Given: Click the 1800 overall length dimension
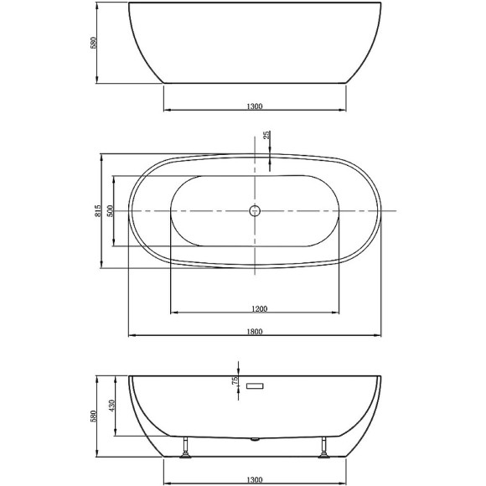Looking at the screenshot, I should tap(256, 331).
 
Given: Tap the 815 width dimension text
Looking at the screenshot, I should tap(97, 211).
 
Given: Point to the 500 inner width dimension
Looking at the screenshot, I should tap(110, 211).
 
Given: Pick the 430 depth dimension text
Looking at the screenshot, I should tap(111, 407).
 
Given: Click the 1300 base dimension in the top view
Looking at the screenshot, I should tap(256, 106).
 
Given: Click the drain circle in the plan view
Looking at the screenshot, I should tap(256, 211).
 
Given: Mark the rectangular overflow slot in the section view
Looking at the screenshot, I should tap(256, 385).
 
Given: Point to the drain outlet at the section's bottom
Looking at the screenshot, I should tap(256, 438).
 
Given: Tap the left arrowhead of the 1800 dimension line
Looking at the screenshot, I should tap(131, 336).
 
